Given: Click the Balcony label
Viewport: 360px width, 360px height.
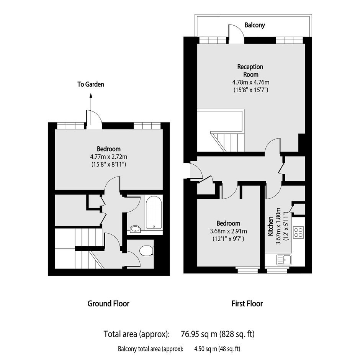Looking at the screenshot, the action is point(255,25).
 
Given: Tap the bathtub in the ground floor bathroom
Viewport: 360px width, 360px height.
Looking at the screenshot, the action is point(154,213).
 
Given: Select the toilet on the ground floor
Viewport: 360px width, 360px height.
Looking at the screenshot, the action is point(146,250).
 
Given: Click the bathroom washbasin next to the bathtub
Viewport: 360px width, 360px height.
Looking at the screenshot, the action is point(135,229).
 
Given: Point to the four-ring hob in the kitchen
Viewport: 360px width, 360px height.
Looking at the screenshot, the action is point(298,232).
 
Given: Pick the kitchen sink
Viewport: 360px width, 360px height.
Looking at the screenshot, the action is point(284,260).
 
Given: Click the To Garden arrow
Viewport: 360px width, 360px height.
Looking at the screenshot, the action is point(91,109).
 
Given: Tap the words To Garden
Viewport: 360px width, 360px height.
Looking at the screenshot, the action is point(91,84).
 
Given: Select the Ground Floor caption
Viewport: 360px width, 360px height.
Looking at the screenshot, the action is point(108,304).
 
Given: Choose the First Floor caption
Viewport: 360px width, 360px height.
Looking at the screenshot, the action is point(247,304).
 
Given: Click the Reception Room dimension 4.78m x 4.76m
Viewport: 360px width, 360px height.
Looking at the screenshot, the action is point(251,82).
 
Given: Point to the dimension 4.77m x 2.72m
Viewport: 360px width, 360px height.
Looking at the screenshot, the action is point(109,157).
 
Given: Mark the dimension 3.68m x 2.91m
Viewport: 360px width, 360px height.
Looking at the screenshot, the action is point(228,231).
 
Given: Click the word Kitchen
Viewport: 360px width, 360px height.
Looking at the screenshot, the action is point(270,226).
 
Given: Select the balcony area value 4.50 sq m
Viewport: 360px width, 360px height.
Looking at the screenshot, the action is point(206,349).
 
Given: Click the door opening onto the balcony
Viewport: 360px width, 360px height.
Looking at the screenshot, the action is point(236,34).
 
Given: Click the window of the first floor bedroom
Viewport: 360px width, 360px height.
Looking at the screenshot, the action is point(248,270).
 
